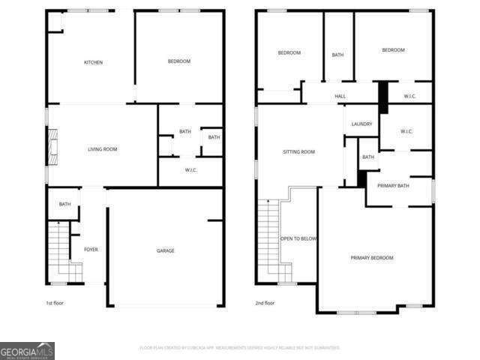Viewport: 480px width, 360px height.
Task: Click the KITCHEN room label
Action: [x=93, y=62]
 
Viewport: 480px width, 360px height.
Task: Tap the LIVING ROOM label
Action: [x=103, y=149]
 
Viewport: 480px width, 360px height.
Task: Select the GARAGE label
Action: [x=165, y=250]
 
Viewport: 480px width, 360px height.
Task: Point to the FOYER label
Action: [x=91, y=249]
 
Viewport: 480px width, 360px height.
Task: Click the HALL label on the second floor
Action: [x=340, y=96]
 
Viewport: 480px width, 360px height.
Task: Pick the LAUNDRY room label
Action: [x=361, y=124]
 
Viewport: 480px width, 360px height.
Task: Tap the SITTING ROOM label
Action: [x=298, y=151]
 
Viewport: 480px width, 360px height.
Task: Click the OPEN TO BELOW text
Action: [x=298, y=238]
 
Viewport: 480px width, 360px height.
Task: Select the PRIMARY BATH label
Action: [x=393, y=185]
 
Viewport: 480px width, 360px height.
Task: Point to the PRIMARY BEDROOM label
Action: [x=372, y=258]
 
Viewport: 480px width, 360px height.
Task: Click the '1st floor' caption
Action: [x=54, y=303]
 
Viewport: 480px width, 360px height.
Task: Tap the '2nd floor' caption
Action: [x=264, y=303]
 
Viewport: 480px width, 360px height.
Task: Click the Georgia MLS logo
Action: [x=27, y=350]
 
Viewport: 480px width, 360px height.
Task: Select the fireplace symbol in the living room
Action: [x=52, y=145]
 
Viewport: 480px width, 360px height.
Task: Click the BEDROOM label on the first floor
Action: [x=178, y=61]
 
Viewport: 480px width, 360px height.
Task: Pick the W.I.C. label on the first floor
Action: [x=190, y=169]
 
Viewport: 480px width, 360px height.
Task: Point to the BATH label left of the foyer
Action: [x=65, y=204]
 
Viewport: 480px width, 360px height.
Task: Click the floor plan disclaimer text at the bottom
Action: [x=240, y=347]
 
